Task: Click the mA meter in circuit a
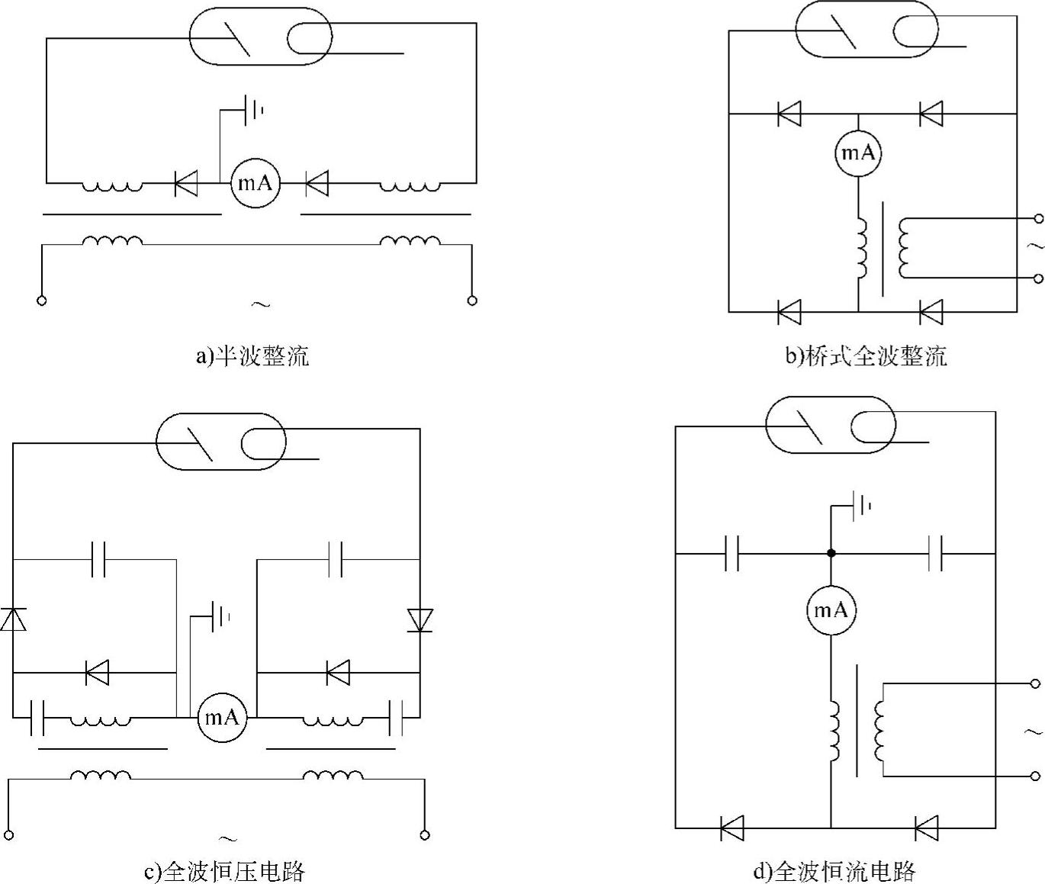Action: point(256,183)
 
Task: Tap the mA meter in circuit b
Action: point(858,153)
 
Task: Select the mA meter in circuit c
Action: point(222,717)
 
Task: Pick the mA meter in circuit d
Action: point(831,610)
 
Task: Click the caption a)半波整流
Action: point(252,356)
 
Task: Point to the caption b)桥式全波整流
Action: point(866,356)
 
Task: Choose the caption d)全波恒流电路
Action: point(834,871)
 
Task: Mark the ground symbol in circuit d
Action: point(860,505)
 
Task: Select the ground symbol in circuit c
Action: point(218,616)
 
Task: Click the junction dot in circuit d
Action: point(831,553)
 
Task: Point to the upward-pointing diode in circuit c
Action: point(13,619)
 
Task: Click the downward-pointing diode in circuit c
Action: point(420,619)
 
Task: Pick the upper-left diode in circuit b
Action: point(789,114)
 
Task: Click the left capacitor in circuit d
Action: point(731,553)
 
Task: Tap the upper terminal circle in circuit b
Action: point(1037,219)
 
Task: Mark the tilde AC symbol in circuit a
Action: point(259,305)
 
